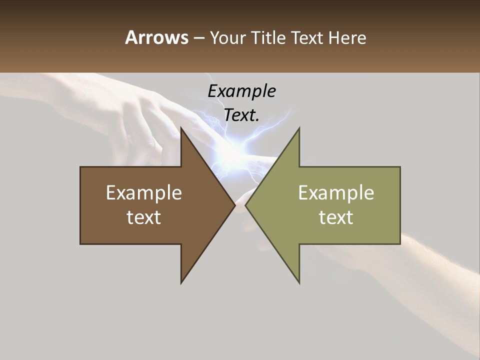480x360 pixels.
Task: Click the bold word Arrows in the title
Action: point(156,37)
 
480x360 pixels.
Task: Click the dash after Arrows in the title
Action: point(198,38)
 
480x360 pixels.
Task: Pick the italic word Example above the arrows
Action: point(241,91)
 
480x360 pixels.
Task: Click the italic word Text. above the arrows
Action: point(241,115)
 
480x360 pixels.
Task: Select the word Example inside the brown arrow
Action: point(144,193)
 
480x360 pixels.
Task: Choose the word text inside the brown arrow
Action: point(144,217)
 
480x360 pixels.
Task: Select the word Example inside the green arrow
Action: point(336,193)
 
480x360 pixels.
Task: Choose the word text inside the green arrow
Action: point(336,217)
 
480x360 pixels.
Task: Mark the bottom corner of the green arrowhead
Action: point(299,282)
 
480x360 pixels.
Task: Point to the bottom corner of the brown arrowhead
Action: point(181,282)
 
